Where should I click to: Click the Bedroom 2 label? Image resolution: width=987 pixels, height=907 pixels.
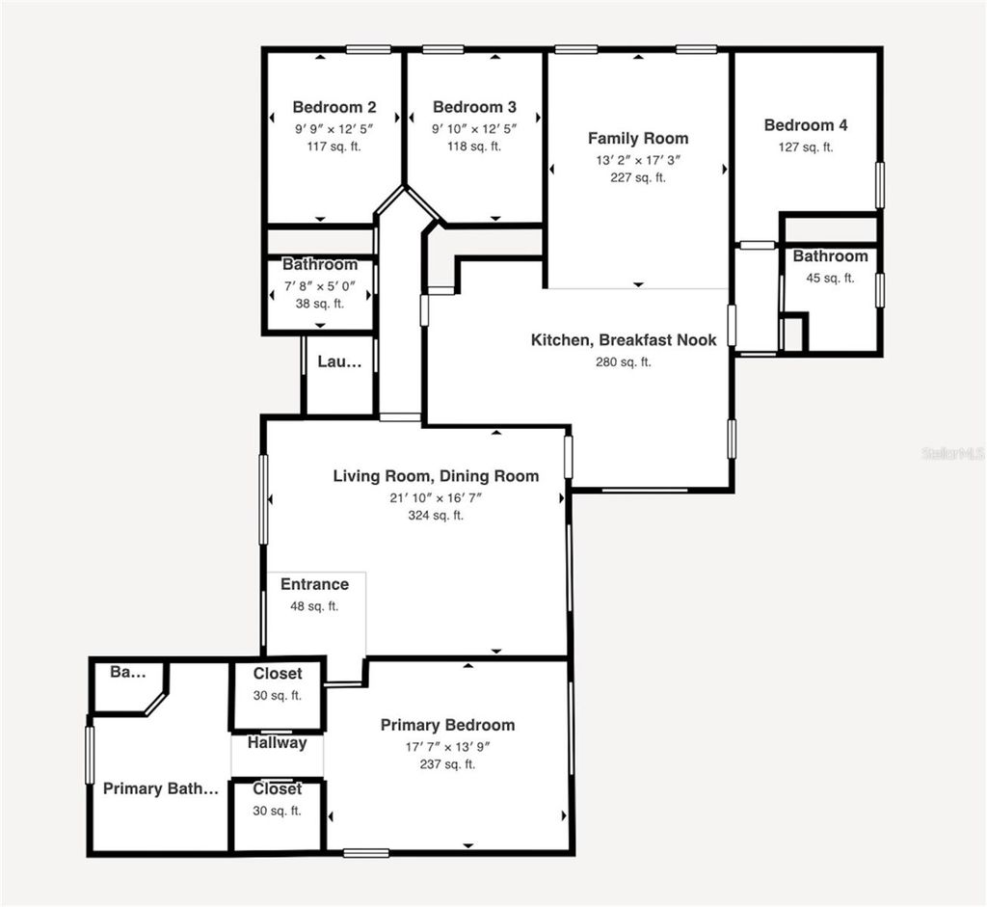(334, 108)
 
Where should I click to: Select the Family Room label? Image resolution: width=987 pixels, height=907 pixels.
(638, 139)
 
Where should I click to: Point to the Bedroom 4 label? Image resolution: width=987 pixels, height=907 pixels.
(806, 125)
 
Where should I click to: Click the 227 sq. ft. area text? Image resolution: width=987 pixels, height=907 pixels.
(638, 177)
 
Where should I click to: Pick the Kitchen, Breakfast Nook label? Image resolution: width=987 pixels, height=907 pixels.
(624, 340)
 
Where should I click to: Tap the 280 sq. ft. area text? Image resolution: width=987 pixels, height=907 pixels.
(624, 362)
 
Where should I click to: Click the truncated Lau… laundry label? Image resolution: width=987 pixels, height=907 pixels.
(340, 362)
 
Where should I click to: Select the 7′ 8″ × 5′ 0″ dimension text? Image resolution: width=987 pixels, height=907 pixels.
(320, 285)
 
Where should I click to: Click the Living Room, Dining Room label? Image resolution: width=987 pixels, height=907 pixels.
(436, 476)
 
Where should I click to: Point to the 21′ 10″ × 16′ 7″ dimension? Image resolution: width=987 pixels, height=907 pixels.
(436, 497)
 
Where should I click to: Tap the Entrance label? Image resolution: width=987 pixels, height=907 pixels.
(314, 585)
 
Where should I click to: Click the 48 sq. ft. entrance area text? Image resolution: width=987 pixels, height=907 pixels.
(314, 606)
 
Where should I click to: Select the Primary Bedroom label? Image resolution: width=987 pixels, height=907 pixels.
(447, 726)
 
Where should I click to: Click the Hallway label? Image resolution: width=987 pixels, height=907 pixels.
(278, 743)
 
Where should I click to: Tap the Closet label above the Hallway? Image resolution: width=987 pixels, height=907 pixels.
(278, 674)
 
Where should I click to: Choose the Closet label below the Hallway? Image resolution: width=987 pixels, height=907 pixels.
(278, 789)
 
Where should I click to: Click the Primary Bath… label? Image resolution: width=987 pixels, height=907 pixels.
(161, 789)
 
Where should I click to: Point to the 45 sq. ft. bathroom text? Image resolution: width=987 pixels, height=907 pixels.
(830, 278)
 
